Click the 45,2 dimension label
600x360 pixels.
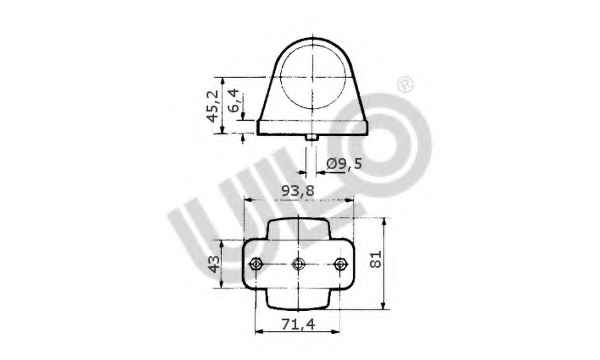point(213,106)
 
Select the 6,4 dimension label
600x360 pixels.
point(233,100)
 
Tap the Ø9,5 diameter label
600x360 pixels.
point(344,164)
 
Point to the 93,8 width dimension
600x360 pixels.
point(298,190)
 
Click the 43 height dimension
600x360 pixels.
point(214,264)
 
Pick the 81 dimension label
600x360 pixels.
point(376,259)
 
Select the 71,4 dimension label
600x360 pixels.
point(298,324)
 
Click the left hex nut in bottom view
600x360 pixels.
point(256,264)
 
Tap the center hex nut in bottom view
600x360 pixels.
point(298,264)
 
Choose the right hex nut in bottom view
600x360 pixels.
point(341,264)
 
